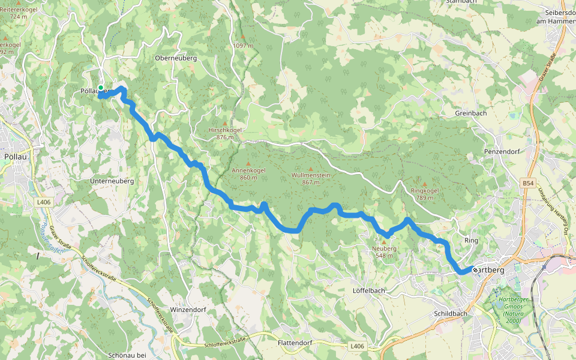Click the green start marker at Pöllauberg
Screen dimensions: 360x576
101,88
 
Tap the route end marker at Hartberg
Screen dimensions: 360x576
475,270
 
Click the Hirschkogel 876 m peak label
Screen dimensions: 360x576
224,133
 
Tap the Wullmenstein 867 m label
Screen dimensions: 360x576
310,178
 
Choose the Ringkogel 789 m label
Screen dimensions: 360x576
425,194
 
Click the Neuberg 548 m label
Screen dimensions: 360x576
384,251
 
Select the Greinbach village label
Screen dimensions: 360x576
470,113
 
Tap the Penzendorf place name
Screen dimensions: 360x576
501,152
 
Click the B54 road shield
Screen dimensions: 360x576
527,182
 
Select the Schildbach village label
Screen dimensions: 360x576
450,314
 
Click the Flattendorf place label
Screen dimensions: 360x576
295,343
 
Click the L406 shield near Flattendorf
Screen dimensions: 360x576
356,346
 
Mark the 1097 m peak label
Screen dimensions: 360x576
243,45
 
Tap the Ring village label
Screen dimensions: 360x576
472,241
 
